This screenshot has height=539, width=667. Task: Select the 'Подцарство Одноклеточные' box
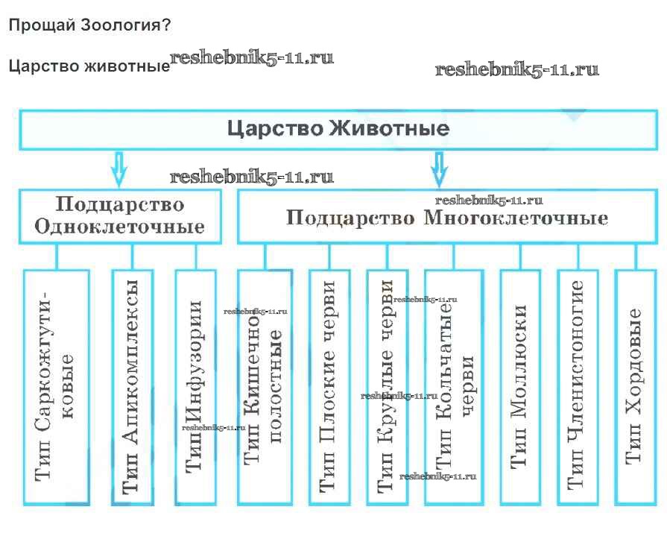click(x=120, y=215)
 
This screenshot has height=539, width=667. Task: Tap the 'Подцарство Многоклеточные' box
click(x=447, y=218)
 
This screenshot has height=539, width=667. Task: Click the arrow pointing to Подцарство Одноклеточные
click(x=118, y=168)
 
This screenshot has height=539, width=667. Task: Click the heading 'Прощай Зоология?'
click(x=89, y=25)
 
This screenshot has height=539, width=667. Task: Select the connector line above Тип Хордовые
click(x=635, y=256)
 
